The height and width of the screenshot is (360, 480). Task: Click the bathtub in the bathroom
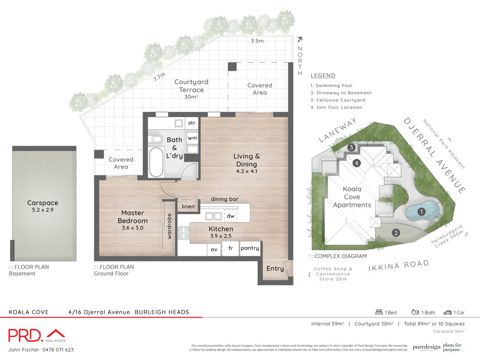click(157, 162)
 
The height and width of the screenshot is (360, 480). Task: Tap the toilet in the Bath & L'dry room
click(156, 139)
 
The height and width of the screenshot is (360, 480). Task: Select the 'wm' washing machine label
click(192, 138)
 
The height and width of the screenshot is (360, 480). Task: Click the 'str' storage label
click(192, 123)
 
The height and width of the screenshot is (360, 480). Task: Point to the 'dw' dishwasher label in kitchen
click(230, 216)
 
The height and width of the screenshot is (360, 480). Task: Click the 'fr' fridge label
click(231, 249)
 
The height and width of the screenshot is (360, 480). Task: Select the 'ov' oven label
click(214, 249)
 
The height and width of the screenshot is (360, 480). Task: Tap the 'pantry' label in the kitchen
click(249, 248)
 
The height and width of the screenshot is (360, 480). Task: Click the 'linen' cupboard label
click(188, 207)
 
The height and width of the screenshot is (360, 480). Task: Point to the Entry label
click(275, 269)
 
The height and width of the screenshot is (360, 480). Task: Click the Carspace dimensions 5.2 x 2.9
click(43, 210)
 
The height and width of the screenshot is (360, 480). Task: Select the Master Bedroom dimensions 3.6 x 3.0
click(133, 228)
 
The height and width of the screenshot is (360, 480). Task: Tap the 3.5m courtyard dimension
click(257, 41)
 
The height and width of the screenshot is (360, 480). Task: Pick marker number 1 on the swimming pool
click(421, 212)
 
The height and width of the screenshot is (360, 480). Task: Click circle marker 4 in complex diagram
click(357, 163)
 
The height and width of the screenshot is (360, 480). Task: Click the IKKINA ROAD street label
click(398, 266)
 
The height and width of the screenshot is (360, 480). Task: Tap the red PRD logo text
click(26, 335)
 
